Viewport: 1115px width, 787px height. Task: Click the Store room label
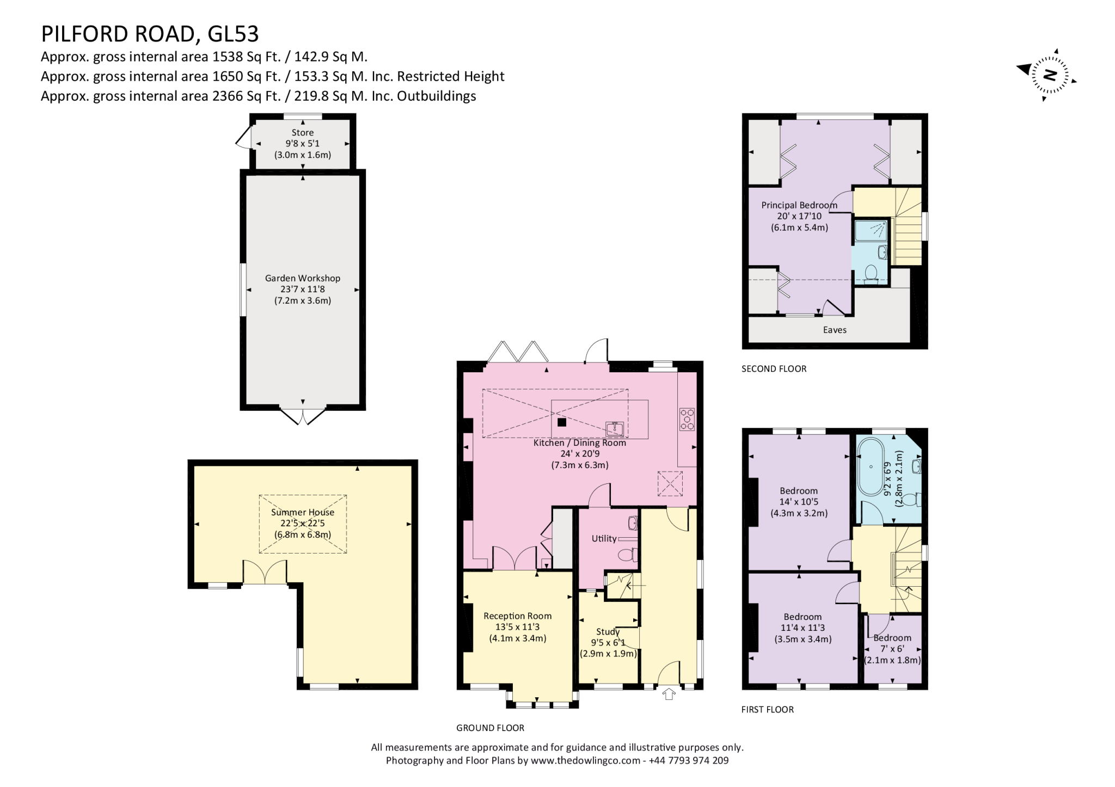click(302, 133)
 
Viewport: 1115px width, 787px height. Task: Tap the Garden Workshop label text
click(302, 278)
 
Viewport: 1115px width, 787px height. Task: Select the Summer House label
click(302, 512)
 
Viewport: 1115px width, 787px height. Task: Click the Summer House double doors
click(264, 571)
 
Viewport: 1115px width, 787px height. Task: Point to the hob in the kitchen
click(687, 420)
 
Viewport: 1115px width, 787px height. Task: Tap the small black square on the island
click(562, 422)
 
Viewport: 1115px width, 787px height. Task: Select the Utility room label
click(604, 539)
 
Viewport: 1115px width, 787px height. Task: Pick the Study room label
click(608, 632)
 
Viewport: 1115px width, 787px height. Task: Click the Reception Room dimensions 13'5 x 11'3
click(517, 628)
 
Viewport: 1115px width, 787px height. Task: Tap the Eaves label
click(835, 330)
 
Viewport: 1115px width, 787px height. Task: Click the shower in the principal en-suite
click(871, 231)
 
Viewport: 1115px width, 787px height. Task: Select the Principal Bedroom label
click(799, 205)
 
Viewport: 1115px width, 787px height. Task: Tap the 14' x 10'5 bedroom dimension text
click(799, 502)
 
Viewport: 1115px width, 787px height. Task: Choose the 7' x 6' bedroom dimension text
click(892, 649)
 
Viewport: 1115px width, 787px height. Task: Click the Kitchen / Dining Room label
click(579, 442)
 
